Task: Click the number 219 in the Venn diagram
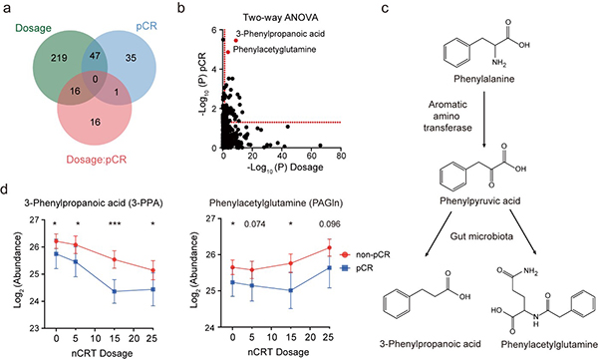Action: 59,58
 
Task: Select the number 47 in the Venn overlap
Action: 95,56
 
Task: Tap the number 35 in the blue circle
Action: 131,58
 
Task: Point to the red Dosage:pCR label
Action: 96,160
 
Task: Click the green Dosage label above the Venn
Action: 33,28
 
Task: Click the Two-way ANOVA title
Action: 281,18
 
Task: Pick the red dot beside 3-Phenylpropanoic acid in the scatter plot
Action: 236,40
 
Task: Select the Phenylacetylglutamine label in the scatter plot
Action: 274,49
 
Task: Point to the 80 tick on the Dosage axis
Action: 341,156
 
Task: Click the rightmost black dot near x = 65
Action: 320,146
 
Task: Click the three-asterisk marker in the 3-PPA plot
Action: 115,224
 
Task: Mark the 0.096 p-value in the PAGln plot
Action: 330,224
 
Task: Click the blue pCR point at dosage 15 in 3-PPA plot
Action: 115,291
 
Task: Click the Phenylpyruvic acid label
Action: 480,200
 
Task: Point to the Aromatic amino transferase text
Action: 448,116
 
